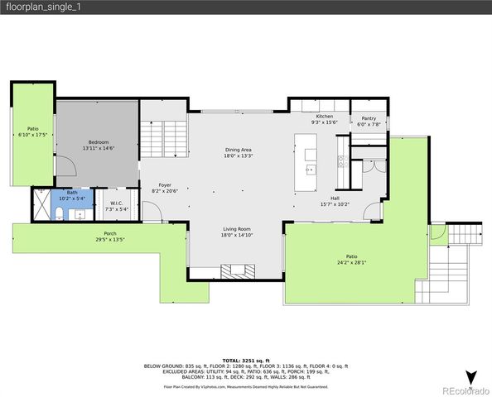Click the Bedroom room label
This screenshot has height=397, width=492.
98,141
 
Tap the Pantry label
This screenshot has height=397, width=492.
369,118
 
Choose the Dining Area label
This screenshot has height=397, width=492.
238,150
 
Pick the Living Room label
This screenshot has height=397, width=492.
238,229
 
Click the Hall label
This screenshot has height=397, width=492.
335,198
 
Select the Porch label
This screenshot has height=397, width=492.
110,234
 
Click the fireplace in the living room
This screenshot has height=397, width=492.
238,269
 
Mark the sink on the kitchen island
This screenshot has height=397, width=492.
311,170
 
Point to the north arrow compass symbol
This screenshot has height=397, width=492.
471,377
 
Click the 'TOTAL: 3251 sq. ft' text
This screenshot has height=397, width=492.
245,361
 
